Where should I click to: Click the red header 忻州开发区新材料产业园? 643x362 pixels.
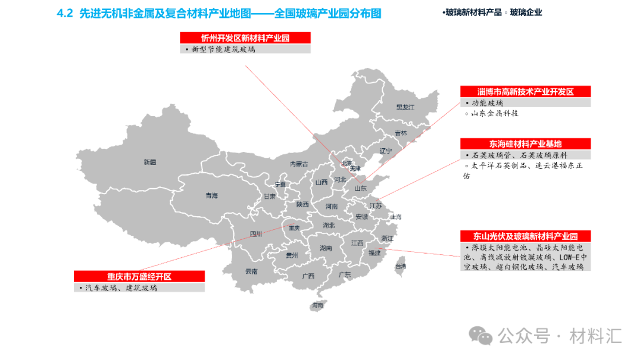coord(245,38)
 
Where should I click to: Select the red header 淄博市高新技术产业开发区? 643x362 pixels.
coord(525,92)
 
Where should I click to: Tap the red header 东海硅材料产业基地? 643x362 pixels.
coord(525,144)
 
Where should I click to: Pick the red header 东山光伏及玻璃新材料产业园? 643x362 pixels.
coord(525,236)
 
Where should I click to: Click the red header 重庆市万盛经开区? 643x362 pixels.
coord(139,276)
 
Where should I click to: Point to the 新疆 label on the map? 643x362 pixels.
coord(149,162)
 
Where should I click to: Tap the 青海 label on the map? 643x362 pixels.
coord(211,195)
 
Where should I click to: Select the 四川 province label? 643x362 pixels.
coord(255,234)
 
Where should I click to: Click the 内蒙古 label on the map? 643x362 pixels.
coord(299,164)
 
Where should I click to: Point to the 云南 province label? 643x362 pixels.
coord(251,271)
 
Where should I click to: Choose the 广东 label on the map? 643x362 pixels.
coord(344,274)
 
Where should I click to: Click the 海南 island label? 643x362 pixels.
coord(317,305)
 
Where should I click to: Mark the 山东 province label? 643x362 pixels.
coord(360,188)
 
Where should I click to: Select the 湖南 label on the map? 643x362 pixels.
coord(326,248)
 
